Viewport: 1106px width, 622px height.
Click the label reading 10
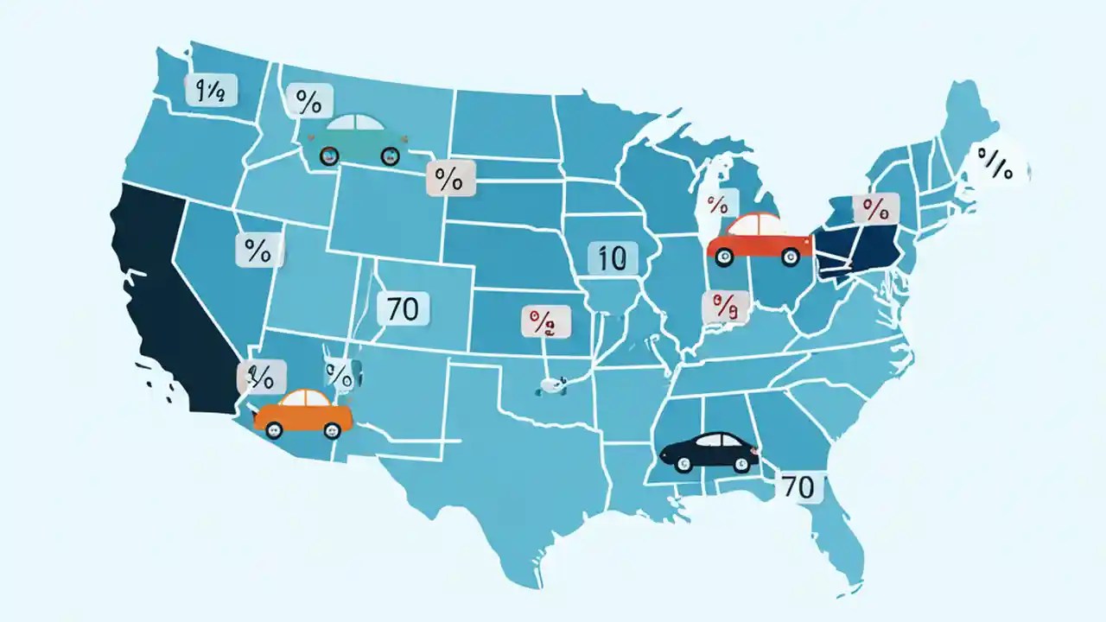click(612, 258)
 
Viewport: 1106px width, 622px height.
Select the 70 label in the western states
click(403, 308)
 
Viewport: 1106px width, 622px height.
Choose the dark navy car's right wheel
click(741, 464)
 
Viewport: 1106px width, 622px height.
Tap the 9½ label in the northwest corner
click(210, 90)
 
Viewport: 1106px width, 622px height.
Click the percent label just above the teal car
click(308, 102)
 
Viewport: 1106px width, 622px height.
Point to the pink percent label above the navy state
click(874, 208)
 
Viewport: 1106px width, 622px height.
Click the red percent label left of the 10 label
click(545, 323)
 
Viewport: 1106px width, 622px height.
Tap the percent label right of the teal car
click(449, 180)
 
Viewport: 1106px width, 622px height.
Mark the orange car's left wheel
click(274, 429)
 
